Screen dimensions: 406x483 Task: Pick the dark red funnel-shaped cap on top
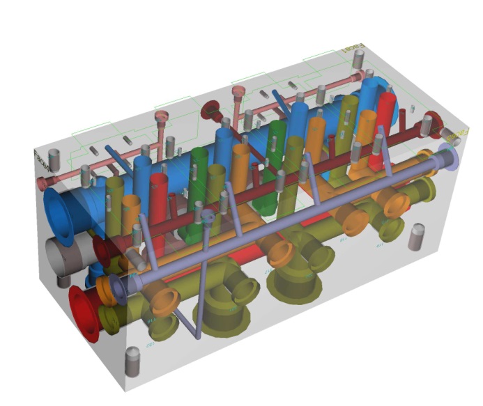pyautogui.click(x=210, y=111)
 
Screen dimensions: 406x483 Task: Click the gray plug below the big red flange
pyautogui.click(x=132, y=363)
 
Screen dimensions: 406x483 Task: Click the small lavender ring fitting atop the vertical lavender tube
pyautogui.click(x=207, y=217)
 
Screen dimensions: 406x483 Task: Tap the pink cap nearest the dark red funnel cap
pyautogui.click(x=238, y=91)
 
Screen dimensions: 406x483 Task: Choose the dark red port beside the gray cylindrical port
pyautogui.click(x=102, y=251)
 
